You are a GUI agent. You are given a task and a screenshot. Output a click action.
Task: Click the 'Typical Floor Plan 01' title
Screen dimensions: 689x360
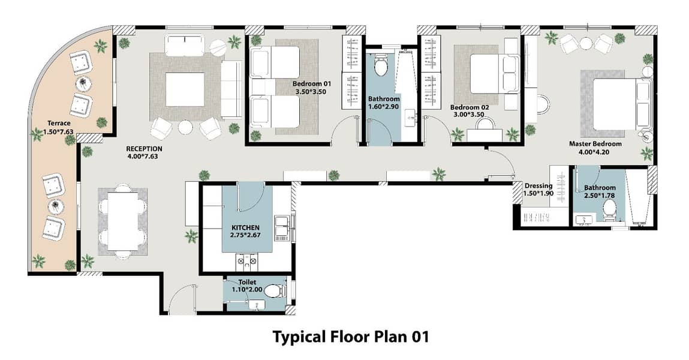point(350,337)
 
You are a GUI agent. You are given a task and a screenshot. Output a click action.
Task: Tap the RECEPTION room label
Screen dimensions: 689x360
point(144,149)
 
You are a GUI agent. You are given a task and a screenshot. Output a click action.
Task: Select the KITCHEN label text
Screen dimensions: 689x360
point(245,227)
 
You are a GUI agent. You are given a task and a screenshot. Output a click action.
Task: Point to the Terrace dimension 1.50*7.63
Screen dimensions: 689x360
point(58,131)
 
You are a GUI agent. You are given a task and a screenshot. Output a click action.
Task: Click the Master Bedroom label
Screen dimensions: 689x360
point(595,144)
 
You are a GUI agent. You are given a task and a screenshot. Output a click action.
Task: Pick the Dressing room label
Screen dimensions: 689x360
point(538,186)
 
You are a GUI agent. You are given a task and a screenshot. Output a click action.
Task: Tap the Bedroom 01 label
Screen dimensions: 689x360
point(312,84)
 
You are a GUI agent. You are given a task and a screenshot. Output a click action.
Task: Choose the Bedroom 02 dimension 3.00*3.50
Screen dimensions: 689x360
point(469,115)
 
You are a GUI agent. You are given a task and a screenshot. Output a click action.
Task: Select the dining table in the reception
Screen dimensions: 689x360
point(123,222)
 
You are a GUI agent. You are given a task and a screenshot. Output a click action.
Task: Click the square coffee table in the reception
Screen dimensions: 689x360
point(185,89)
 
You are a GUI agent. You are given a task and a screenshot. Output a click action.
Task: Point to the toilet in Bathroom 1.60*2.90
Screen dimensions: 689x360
point(380,67)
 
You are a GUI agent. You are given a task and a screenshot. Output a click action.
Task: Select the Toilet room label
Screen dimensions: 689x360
point(247,282)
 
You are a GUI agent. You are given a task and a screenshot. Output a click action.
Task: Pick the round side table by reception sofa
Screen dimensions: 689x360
point(218,47)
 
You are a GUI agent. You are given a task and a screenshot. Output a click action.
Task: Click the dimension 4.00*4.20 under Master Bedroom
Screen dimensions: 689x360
point(595,152)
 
